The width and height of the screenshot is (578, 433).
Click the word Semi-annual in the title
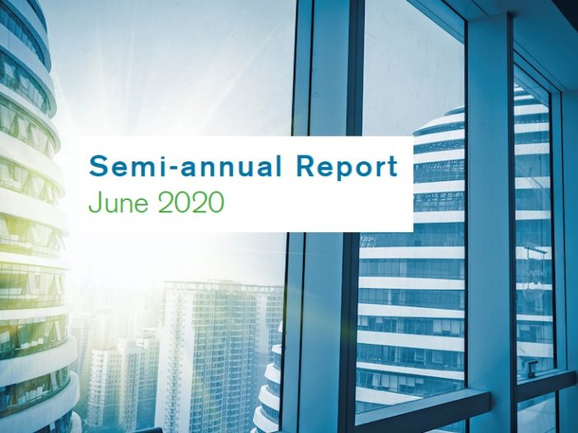click(x=185, y=166)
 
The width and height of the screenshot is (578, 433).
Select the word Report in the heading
click(x=347, y=168)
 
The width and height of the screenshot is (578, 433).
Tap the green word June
click(x=119, y=203)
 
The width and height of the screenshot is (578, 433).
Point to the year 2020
click(x=191, y=203)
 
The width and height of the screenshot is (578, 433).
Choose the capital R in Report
click(x=305, y=166)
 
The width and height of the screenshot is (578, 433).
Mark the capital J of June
click(x=95, y=203)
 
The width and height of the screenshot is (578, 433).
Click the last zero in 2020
click(x=216, y=203)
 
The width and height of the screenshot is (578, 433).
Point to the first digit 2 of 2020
click(x=165, y=203)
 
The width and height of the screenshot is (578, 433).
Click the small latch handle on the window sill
click(x=531, y=366)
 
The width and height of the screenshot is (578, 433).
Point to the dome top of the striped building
click(x=439, y=122)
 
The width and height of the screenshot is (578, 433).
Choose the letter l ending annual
click(x=278, y=166)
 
